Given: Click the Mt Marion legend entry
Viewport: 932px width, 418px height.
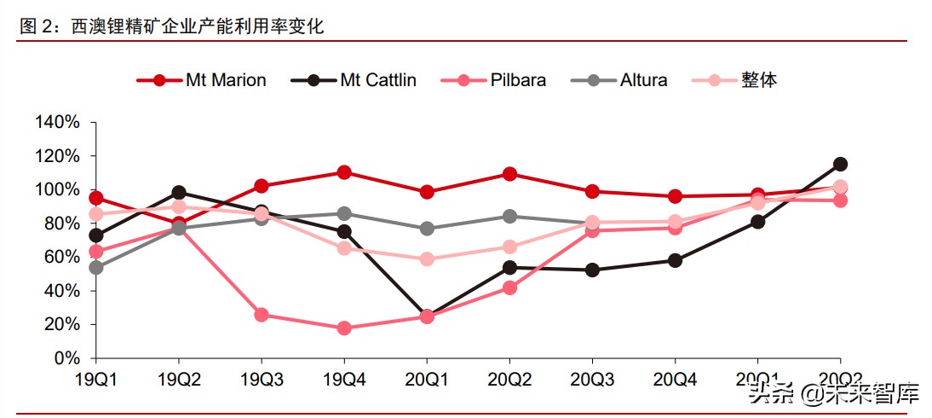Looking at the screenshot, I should (202, 80).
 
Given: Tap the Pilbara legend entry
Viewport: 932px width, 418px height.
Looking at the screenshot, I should (493, 80).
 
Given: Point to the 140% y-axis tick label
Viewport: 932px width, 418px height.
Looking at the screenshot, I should (57, 123).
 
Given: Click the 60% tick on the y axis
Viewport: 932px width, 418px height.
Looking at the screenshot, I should (61, 257).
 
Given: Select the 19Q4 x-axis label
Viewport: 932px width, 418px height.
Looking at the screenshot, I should (344, 379).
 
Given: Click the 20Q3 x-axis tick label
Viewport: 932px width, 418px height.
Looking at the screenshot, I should (593, 379).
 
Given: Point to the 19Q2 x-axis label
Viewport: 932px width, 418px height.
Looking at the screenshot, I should (179, 379).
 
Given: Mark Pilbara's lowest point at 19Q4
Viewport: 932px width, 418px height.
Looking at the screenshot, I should (344, 328).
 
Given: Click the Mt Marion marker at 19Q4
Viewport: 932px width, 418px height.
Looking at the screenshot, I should (344, 172).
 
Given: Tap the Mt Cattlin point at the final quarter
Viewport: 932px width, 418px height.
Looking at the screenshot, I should (840, 164).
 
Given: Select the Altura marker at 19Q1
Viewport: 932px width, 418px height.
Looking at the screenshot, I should (96, 268).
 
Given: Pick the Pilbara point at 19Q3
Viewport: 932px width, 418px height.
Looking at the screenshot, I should (262, 315).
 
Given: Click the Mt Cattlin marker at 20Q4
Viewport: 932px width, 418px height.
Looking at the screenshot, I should (675, 260).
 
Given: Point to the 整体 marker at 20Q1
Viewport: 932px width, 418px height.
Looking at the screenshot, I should (427, 259).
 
